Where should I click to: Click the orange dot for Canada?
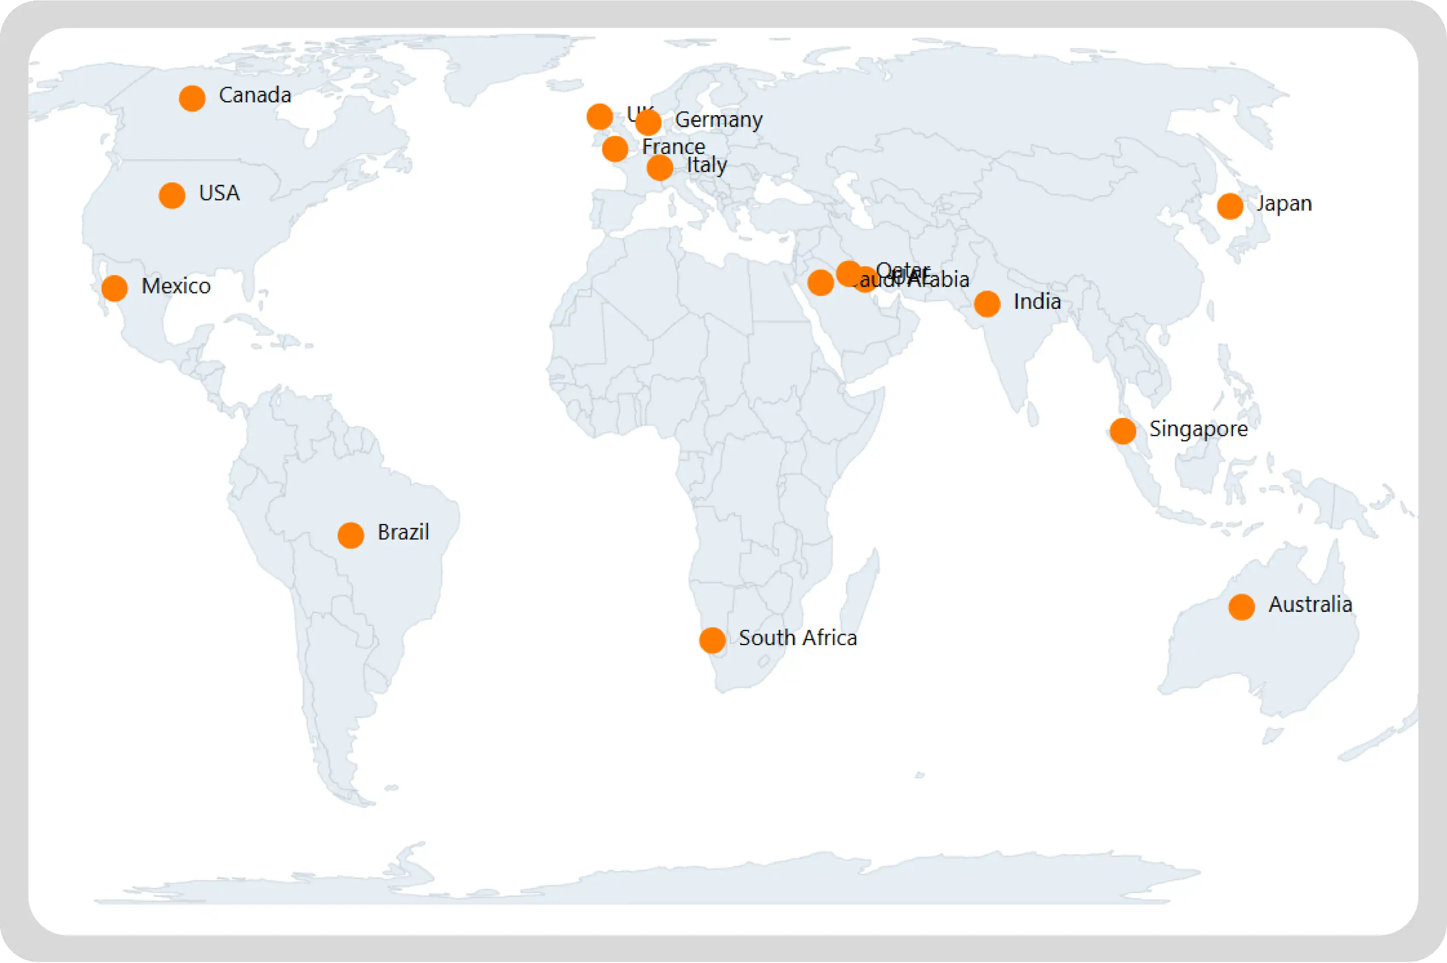(x=192, y=98)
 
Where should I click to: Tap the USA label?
(x=219, y=193)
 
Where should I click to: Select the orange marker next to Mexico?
(x=115, y=288)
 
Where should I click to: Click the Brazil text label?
(x=403, y=532)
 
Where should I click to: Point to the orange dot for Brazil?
(x=351, y=535)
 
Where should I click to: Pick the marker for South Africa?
(x=712, y=640)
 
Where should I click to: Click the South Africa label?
(x=797, y=638)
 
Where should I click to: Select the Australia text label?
(x=1310, y=605)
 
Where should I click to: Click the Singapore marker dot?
(x=1123, y=431)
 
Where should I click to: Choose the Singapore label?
(x=1198, y=429)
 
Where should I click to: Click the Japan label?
(x=1284, y=204)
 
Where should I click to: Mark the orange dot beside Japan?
(x=1230, y=207)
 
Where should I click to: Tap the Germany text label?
(x=718, y=120)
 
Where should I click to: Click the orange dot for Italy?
(x=660, y=168)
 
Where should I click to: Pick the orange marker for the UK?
(x=600, y=116)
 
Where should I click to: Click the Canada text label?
(x=255, y=95)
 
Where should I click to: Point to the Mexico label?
(x=176, y=286)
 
